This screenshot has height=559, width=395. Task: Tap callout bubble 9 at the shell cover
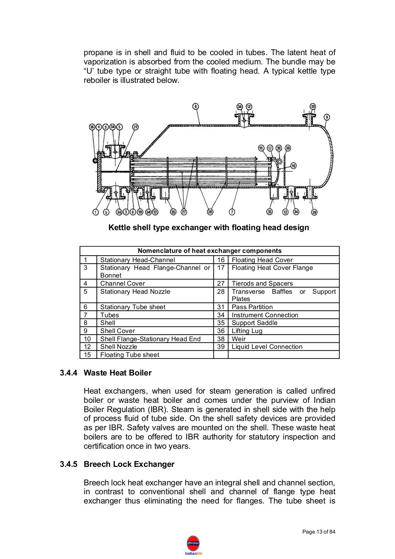[x=327, y=117]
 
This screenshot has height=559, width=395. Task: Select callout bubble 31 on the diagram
[x=135, y=126]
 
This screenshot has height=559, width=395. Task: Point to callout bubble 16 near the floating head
[x=294, y=166]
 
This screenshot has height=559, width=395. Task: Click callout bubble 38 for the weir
[x=288, y=148]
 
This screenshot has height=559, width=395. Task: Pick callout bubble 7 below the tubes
[x=232, y=212]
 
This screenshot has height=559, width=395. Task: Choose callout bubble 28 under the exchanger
[x=210, y=212]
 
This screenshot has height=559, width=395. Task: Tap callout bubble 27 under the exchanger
[x=184, y=212]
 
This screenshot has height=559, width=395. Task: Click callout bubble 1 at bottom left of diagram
[x=95, y=212]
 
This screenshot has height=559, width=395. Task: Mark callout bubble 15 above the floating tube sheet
[x=261, y=148]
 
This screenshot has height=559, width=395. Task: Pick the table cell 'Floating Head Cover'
[x=262, y=260]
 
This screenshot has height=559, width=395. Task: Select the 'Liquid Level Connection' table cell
[x=267, y=347]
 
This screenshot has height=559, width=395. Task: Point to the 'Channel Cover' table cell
[x=122, y=283]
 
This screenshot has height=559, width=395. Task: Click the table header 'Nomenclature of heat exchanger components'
[x=209, y=251]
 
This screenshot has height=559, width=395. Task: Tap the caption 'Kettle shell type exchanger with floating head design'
[x=209, y=227]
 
